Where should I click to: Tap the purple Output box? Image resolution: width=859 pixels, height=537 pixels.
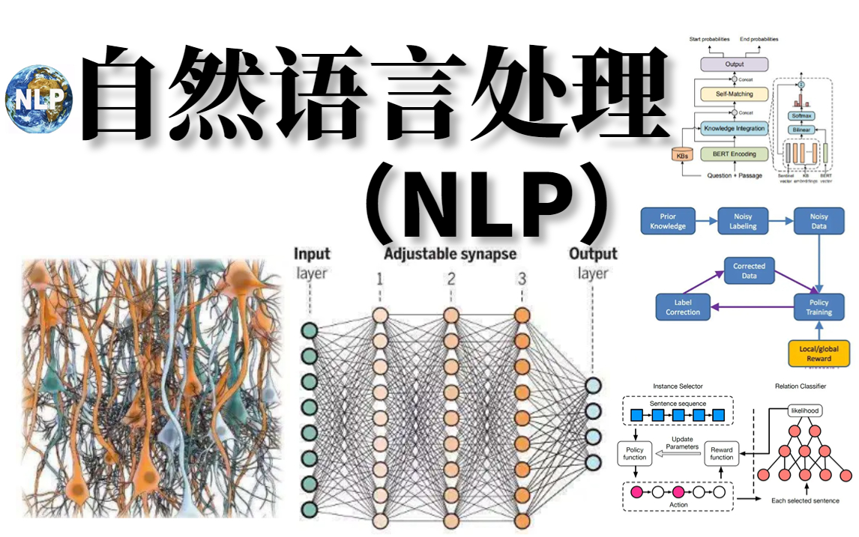click(734, 65)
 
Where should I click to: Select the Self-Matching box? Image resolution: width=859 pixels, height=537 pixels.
click(734, 94)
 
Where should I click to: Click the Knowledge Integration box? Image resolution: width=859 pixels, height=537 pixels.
click(734, 128)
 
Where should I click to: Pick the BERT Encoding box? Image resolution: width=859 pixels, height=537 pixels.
click(734, 154)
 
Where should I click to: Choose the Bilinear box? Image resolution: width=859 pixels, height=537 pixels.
click(801, 130)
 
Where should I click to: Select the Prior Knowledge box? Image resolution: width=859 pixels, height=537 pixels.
click(668, 221)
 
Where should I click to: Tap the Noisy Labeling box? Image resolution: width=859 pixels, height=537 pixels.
click(743, 221)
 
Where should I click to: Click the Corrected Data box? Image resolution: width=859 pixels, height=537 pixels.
click(749, 270)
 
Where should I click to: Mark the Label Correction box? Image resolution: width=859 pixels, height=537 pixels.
click(682, 307)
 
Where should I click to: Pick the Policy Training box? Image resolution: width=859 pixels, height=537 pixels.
click(819, 307)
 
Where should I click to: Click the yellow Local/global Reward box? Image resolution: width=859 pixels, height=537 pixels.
click(819, 354)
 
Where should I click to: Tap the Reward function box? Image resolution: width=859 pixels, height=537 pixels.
click(721, 453)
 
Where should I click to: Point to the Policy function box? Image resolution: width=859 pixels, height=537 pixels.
click(634, 453)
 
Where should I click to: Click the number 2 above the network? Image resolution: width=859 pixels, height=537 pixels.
click(450, 279)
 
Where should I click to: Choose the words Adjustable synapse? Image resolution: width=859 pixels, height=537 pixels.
click(450, 254)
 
